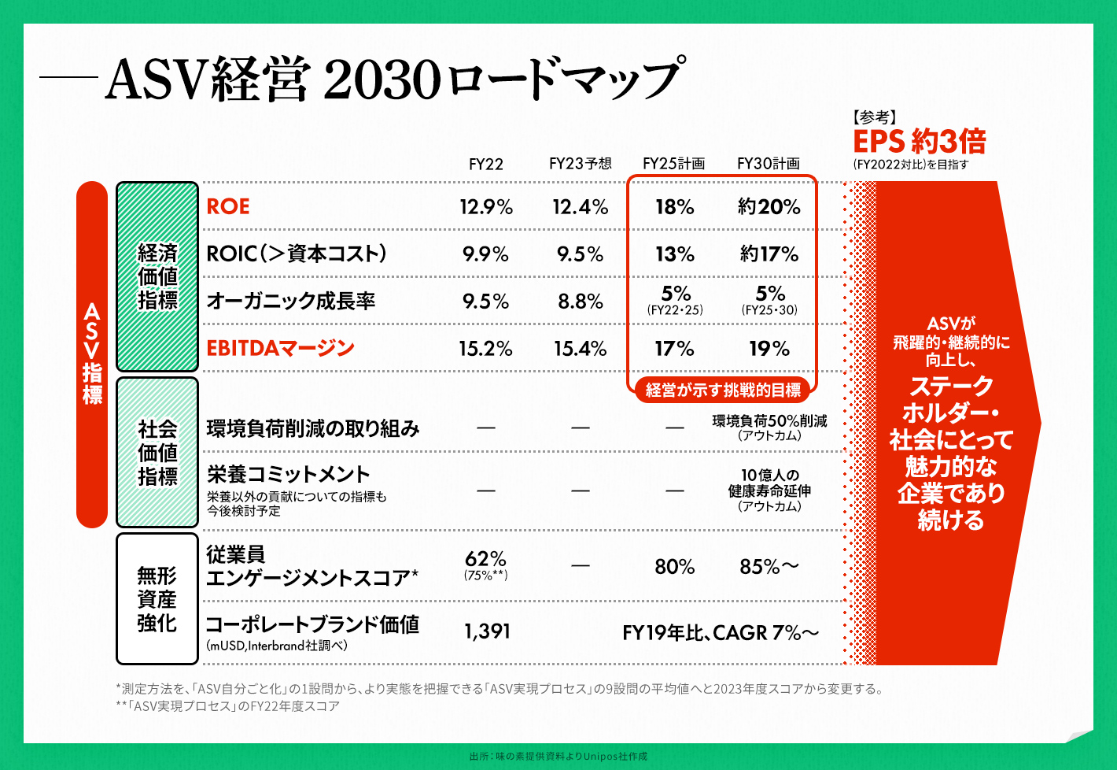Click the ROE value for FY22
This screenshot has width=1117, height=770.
click(486, 207)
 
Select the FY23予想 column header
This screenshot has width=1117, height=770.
click(580, 164)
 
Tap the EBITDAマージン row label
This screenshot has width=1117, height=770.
click(280, 348)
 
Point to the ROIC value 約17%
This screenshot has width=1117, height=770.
click(769, 254)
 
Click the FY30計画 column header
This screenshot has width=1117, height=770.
click(768, 164)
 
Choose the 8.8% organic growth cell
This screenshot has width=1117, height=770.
click(580, 302)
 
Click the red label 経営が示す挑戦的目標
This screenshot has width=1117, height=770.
click(723, 390)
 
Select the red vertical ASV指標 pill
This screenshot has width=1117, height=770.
click(92, 354)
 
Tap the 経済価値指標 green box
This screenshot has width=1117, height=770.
click(157, 276)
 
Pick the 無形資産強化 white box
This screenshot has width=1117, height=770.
click(157, 599)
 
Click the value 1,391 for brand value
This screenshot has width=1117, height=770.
click(487, 631)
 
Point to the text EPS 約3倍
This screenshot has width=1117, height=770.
click(919, 142)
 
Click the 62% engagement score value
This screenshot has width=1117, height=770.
click(485, 560)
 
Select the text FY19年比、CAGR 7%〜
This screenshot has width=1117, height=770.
click(720, 633)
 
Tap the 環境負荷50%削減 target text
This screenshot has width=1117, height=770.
click(769, 422)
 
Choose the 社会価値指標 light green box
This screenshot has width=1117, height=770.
click(157, 453)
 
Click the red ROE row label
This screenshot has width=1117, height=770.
click(228, 206)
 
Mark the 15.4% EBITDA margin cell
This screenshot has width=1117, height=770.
click(580, 349)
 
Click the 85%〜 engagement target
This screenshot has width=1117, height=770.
click(769, 567)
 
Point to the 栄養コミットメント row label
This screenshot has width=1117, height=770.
click(288, 474)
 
